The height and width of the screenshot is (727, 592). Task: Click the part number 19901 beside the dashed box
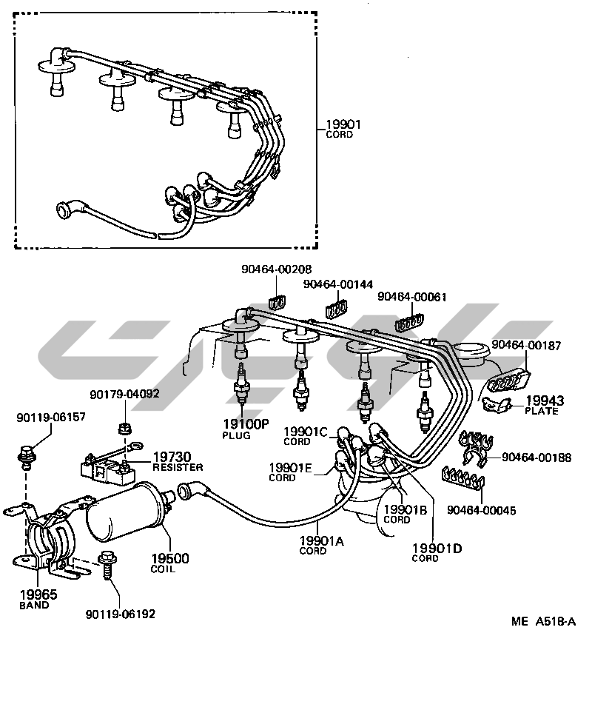point(343,126)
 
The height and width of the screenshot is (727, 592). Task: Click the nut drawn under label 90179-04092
point(124,429)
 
